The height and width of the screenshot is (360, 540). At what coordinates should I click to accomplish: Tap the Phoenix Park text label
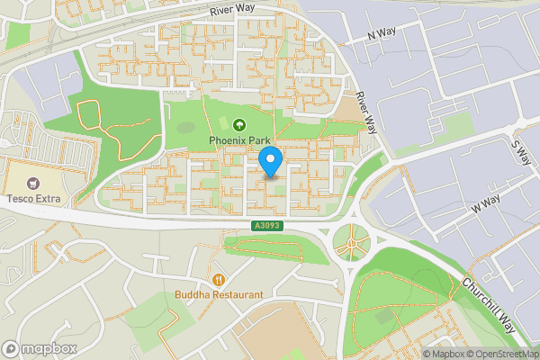coord(239,140)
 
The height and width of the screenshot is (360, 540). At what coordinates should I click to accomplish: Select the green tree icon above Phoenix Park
coord(239,125)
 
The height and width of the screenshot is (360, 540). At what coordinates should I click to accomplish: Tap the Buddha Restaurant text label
coord(220,294)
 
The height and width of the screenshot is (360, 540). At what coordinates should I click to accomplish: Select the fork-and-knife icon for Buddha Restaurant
coord(220,278)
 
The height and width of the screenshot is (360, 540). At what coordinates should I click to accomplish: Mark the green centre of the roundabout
coord(352,241)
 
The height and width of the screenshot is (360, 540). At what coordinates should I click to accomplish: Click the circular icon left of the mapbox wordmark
coord(11,348)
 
